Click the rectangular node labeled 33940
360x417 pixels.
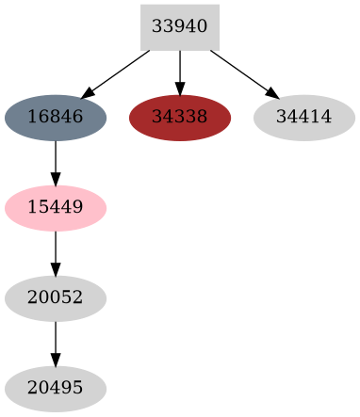179,26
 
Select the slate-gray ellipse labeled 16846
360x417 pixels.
56,118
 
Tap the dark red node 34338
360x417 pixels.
179,118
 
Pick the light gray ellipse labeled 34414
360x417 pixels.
303,118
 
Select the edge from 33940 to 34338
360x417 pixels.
179,71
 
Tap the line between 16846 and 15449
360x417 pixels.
56,160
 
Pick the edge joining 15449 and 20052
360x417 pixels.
56,250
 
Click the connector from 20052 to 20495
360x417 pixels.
56,341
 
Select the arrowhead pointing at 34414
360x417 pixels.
271,93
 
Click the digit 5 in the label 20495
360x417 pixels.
78,389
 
